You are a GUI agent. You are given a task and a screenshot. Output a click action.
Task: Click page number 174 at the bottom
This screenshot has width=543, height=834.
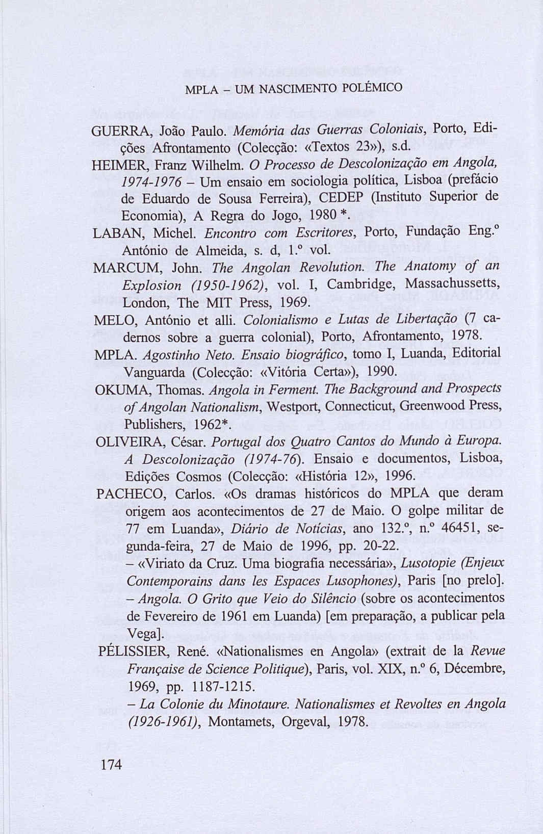(112, 765)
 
